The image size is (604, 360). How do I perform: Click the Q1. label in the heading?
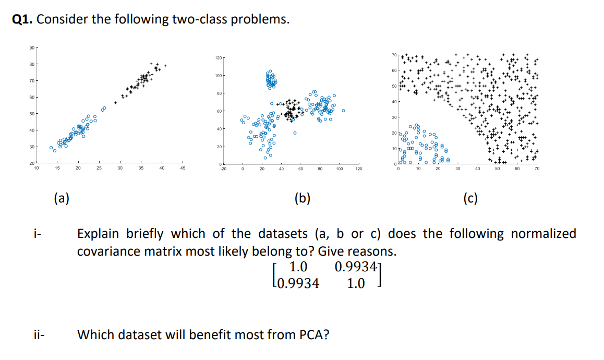[x=22, y=20]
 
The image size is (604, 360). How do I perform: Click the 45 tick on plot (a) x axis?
[x=183, y=168]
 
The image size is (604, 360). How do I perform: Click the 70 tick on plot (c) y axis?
[x=394, y=55]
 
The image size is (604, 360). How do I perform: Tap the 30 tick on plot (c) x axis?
[x=457, y=169]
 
